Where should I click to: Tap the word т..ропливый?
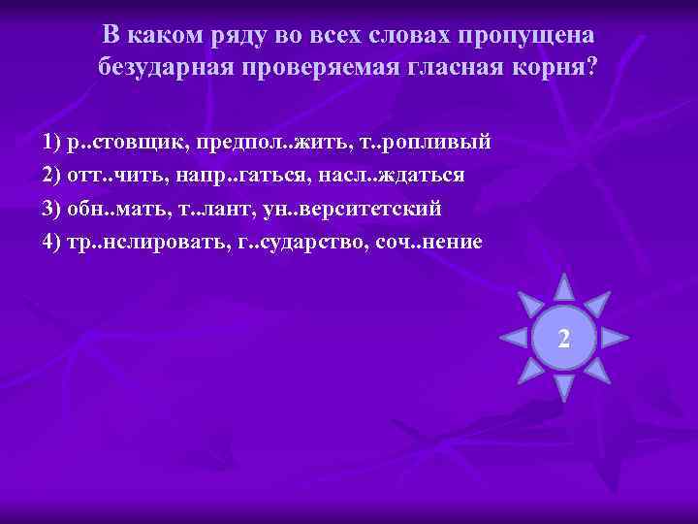pos(427,143)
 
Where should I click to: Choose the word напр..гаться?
pos(232,176)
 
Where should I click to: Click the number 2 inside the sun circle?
pos(563,339)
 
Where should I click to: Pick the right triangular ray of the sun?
pos(615,338)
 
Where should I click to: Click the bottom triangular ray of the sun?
pos(563,389)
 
